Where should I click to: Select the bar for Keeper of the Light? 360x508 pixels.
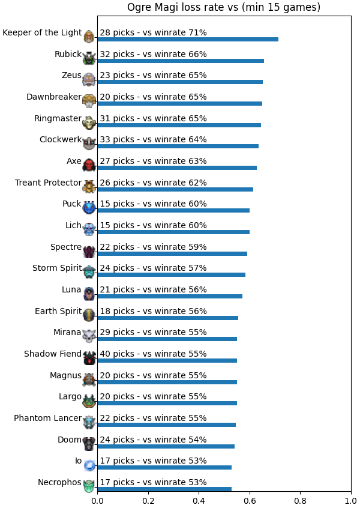(188, 40)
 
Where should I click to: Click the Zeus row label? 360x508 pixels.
(71, 75)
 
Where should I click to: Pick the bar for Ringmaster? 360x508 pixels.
(179, 125)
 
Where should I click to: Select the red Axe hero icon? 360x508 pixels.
(89, 165)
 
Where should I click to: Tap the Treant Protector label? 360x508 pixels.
(48, 183)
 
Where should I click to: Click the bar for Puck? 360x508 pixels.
(173, 211)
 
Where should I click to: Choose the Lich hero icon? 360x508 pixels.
(89, 229)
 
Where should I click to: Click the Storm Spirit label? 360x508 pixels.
(57, 268)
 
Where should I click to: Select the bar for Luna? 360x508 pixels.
(170, 296)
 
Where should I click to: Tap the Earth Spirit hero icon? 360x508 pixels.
(89, 315)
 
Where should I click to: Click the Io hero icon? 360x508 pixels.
(89, 465)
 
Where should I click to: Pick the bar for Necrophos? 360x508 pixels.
(164, 489)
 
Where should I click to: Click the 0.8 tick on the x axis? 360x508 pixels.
(301, 501)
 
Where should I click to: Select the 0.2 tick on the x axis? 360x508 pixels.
(148, 501)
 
